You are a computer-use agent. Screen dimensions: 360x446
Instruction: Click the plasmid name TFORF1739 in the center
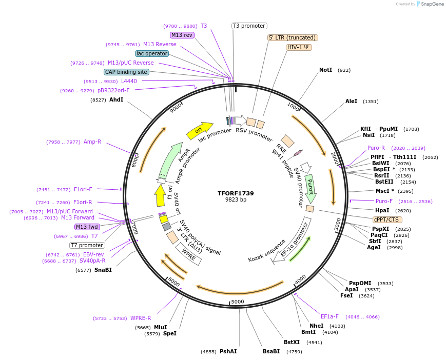[x=236, y=193]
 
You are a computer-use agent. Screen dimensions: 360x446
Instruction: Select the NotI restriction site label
[x=325, y=70]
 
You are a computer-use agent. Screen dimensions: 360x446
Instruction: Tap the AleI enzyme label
[x=351, y=102]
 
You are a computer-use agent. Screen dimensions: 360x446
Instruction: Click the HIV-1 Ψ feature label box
[x=299, y=47]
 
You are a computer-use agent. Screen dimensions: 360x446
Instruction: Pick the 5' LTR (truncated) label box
[x=293, y=37]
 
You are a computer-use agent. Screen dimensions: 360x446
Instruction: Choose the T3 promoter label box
[x=249, y=26]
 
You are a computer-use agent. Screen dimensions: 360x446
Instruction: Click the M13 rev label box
[x=182, y=35]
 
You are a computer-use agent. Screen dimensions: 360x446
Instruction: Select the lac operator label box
[x=152, y=53]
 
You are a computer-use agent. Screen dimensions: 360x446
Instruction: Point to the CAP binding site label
[x=126, y=72]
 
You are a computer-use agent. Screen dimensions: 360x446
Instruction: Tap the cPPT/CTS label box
[x=386, y=219]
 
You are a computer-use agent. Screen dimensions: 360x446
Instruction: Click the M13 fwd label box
[x=87, y=227]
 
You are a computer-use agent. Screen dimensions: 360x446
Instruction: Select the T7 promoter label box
[x=87, y=245]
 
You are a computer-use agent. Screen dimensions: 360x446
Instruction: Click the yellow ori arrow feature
[x=199, y=131]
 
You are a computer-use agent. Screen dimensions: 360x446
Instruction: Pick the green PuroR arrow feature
[x=310, y=188]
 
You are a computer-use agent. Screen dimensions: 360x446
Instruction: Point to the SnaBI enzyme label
[x=103, y=270]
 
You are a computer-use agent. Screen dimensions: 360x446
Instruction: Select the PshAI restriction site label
[x=228, y=351]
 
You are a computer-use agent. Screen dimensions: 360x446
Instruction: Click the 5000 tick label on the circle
[x=237, y=302]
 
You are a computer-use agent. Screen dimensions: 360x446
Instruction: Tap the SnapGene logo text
[x=430, y=4]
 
